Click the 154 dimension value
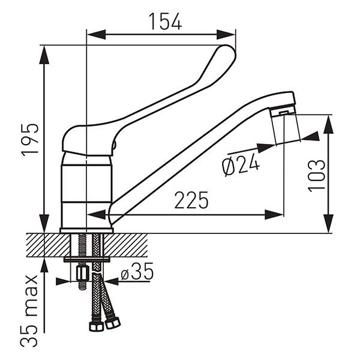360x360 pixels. coord(166,21)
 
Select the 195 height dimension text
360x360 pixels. coord(30,140)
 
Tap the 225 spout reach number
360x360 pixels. coord(191,200)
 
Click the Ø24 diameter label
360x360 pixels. coord(241,164)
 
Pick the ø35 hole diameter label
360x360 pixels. coord(137,271)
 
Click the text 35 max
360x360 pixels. coord(29,311)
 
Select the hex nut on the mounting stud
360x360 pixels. coord(83,273)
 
